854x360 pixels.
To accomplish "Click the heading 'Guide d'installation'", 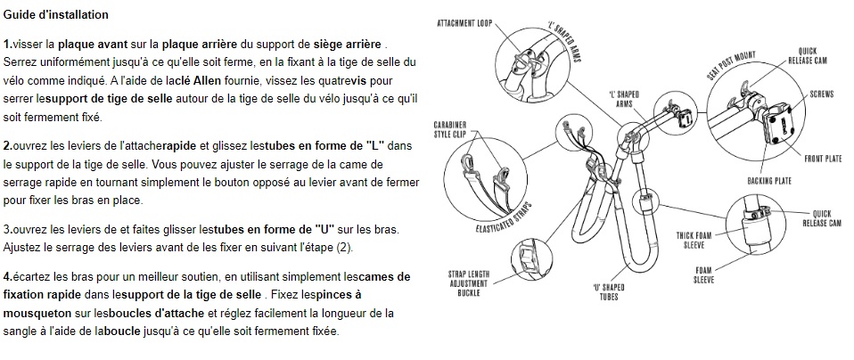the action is pyautogui.click(x=55, y=15).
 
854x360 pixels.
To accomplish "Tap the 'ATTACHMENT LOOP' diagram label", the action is pyautogui.click(x=464, y=23).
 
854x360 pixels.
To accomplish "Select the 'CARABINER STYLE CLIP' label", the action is pyautogui.click(x=450, y=129).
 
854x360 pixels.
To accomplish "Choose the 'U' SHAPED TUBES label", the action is pyautogui.click(x=608, y=292).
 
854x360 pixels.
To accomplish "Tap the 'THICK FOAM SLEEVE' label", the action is pyautogui.click(x=694, y=241).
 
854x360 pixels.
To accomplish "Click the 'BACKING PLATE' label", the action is pyautogui.click(x=769, y=181).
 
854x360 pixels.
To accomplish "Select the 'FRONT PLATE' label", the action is pyautogui.click(x=823, y=159).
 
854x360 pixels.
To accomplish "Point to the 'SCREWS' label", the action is pyautogui.click(x=821, y=94).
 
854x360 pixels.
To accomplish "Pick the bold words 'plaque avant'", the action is pyautogui.click(x=93, y=44).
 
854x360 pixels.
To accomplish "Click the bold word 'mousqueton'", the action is pyautogui.click(x=37, y=314).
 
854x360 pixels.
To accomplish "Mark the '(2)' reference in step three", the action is pyautogui.click(x=343, y=248).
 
